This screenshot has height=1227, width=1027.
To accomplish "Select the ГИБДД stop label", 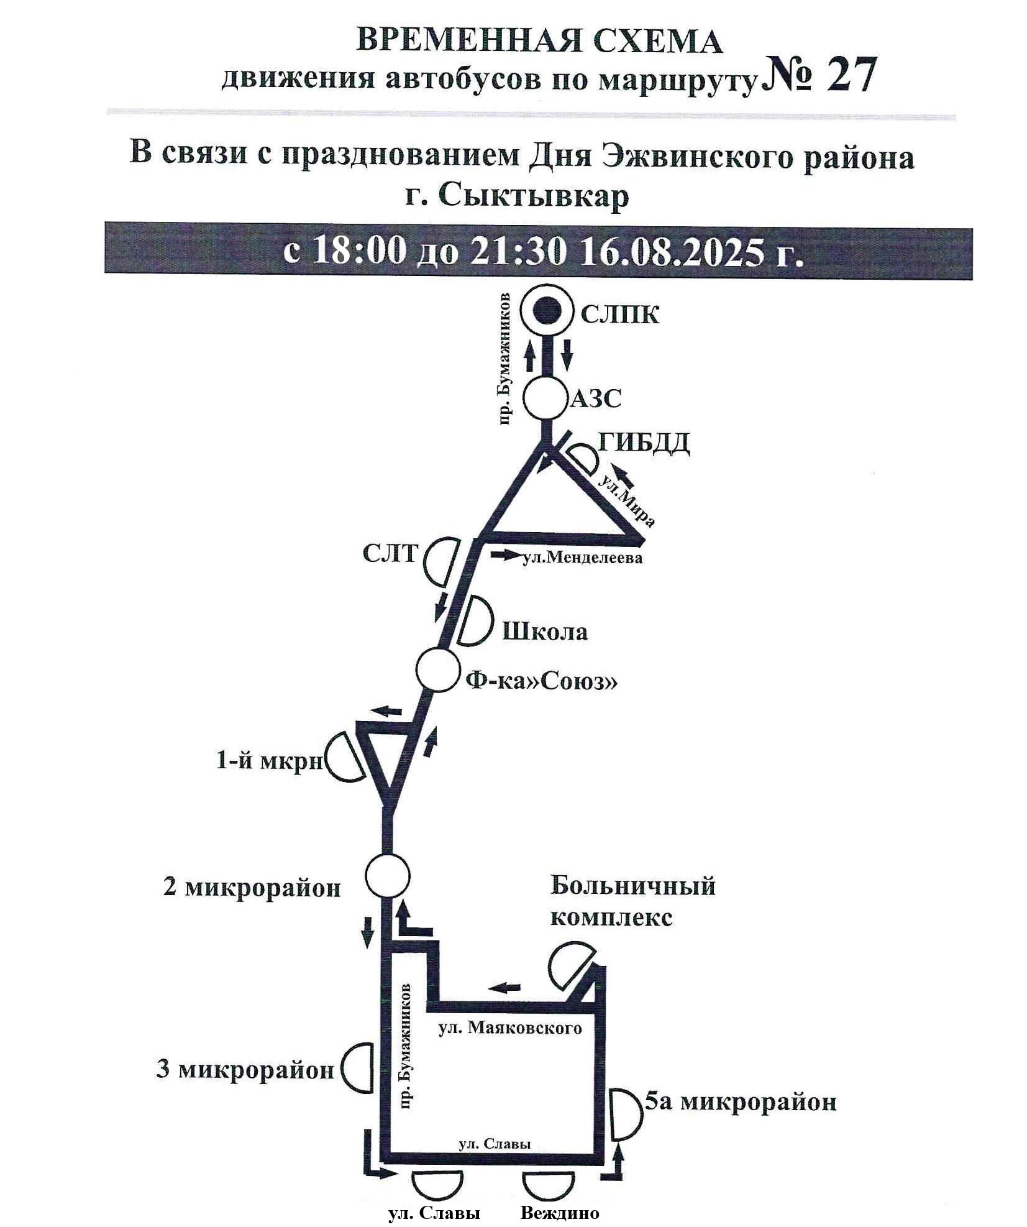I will pos(643,443).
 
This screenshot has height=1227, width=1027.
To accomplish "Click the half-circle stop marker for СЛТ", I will pos(442,561).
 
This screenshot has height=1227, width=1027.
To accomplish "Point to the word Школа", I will pos(544,632).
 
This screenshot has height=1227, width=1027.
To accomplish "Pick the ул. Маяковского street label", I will pos(509,1028).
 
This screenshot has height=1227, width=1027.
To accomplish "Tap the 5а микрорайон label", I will pos(740,1103).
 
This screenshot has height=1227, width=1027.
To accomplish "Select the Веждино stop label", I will pos(560,1213).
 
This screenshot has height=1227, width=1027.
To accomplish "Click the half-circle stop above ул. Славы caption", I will pos(439,1185).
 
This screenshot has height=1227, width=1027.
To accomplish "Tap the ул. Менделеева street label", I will pos(582,558).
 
